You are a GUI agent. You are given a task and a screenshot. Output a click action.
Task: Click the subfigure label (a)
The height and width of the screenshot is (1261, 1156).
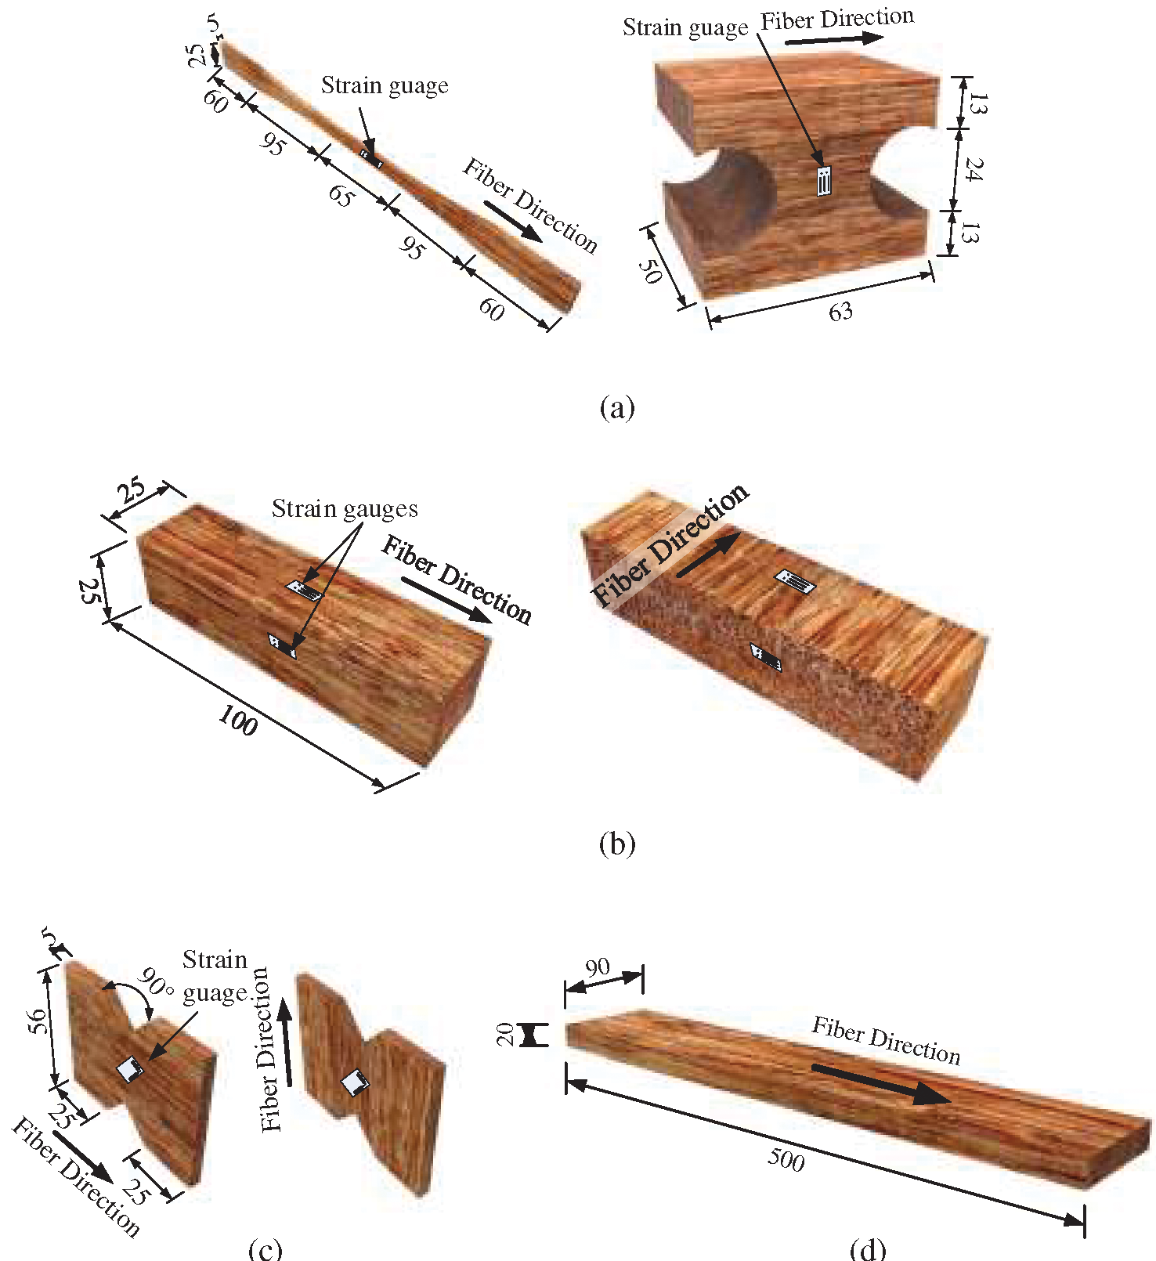(x=616, y=407)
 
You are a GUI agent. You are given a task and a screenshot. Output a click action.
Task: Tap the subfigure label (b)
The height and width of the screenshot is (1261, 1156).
(x=616, y=844)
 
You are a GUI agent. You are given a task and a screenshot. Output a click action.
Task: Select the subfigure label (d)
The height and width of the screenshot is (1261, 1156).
(x=868, y=1248)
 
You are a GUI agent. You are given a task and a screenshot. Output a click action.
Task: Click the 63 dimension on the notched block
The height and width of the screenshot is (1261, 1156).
(x=840, y=313)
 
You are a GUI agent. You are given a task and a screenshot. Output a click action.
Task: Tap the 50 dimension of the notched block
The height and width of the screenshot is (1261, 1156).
(x=650, y=270)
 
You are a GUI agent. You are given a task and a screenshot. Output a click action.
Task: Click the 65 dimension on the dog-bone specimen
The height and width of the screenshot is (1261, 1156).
(x=340, y=195)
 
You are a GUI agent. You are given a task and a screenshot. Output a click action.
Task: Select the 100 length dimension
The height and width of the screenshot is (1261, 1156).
(x=238, y=721)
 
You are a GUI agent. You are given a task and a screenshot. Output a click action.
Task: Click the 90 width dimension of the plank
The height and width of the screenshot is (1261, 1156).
(x=598, y=967)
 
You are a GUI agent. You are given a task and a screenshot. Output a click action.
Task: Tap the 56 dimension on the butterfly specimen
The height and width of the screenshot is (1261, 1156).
(x=37, y=1021)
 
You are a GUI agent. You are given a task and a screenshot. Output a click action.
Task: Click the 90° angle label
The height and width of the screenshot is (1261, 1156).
(x=157, y=982)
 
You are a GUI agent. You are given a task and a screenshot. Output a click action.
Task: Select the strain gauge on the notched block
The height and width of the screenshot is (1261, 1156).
(x=823, y=181)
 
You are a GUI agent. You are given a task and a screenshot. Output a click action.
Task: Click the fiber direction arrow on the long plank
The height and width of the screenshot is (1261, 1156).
(x=881, y=1084)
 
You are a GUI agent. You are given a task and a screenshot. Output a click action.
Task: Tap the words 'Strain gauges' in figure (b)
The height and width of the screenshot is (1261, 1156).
(x=345, y=509)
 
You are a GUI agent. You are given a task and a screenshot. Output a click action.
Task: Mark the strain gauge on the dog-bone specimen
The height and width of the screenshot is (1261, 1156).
(x=371, y=158)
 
